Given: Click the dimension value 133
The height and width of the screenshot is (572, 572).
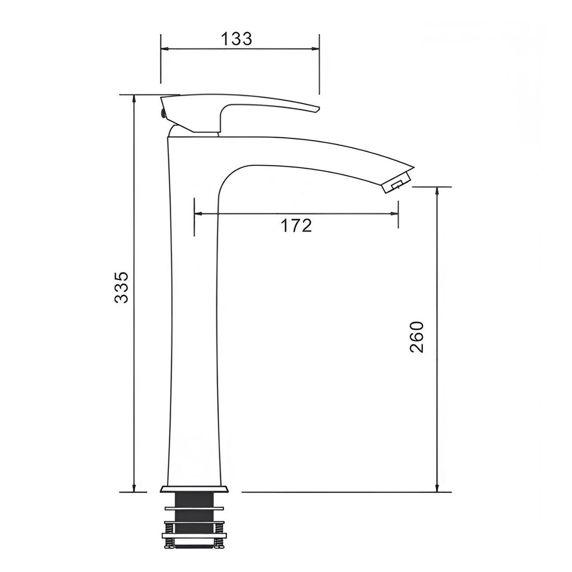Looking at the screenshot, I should tap(236, 39).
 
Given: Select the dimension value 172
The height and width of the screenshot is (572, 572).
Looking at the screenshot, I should tap(296, 225).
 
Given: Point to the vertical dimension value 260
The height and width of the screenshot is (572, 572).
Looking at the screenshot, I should tap(416, 337).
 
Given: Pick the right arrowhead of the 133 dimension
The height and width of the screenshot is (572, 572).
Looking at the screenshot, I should tap(315, 49).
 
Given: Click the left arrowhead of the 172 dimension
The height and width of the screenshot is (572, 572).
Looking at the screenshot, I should tap(198, 214).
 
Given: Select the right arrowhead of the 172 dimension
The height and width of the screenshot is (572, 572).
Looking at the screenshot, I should tap(395, 214).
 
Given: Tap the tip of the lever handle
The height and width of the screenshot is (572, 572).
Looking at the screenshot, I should tap(316, 109).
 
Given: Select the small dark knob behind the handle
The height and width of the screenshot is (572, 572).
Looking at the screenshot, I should tap(163, 114).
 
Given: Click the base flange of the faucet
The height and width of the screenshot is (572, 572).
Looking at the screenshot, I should tap(194, 489).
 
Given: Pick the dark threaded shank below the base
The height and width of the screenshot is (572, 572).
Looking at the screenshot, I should tap(194, 500).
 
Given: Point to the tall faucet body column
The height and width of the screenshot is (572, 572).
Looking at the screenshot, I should tap(194, 308).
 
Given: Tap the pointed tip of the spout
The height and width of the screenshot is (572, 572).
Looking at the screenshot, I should tap(413, 167).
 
